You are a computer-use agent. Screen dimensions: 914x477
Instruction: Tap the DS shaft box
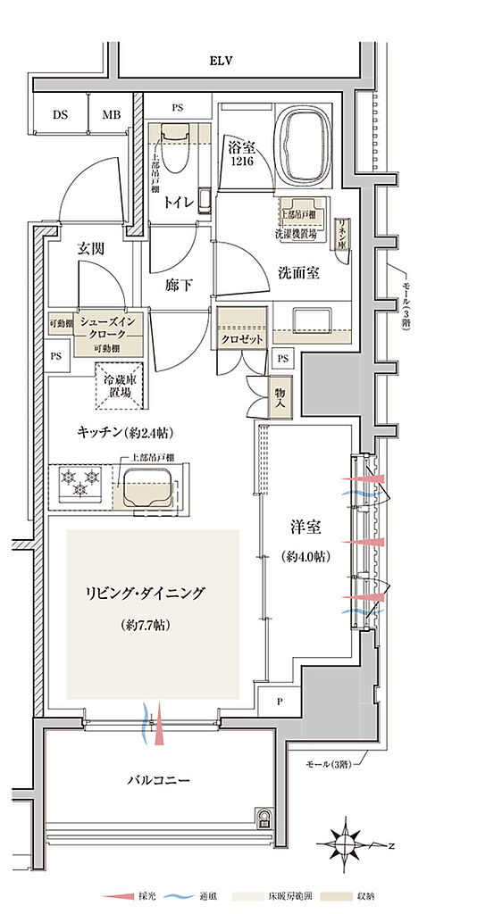(x=60, y=115)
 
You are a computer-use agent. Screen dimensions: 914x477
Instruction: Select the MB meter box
(x=110, y=115)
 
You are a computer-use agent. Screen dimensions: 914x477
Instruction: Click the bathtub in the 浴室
(x=304, y=138)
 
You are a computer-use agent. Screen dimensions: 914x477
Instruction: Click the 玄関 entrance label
(x=90, y=249)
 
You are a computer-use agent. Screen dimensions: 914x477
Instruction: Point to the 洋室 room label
(x=305, y=528)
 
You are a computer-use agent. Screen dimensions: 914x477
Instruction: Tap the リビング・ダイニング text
(x=146, y=593)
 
